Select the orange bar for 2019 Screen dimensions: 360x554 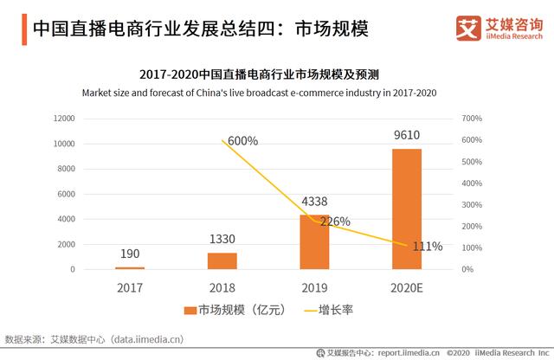point(314,241)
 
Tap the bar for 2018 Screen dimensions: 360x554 point(222,260)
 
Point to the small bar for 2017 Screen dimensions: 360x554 point(131,267)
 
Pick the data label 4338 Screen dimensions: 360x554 point(314,202)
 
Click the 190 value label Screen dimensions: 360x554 point(131,254)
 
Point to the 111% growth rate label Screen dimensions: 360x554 point(426,247)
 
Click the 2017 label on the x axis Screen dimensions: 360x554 point(131,286)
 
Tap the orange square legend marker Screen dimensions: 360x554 point(190,309)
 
